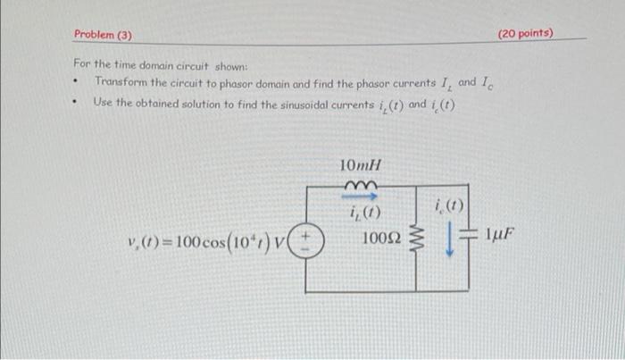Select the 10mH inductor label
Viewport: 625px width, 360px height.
pyautogui.click(x=361, y=165)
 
